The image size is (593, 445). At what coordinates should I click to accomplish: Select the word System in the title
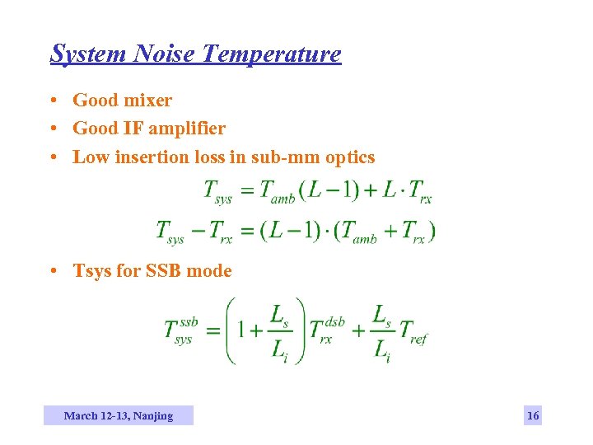[x=88, y=54]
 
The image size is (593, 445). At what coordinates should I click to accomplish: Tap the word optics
[x=350, y=157]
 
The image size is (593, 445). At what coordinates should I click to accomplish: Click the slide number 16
[x=533, y=416]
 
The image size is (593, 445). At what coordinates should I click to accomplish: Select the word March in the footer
[x=81, y=416]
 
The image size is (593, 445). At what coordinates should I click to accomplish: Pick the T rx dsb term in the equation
[x=326, y=330]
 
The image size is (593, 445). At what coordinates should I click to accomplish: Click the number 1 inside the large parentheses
[x=243, y=330]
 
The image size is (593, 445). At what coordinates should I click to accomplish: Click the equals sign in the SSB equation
[x=212, y=330]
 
